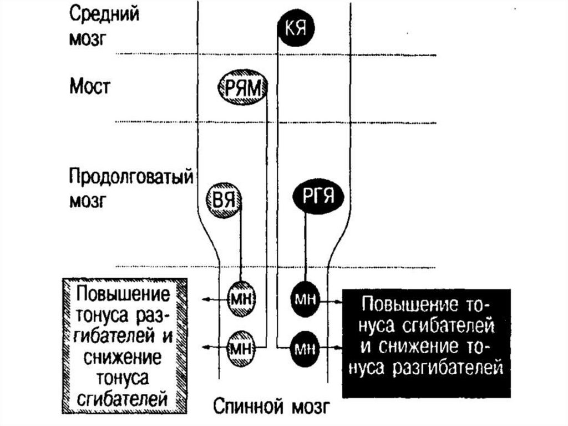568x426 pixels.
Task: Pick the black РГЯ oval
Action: [318, 196]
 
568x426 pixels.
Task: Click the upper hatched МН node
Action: [241, 299]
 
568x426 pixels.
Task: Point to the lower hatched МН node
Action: [241, 348]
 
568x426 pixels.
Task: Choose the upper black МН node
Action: [305, 299]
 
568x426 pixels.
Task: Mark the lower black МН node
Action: [305, 348]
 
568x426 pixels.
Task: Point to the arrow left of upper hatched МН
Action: [208, 300]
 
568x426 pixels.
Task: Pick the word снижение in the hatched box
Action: [123, 355]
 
